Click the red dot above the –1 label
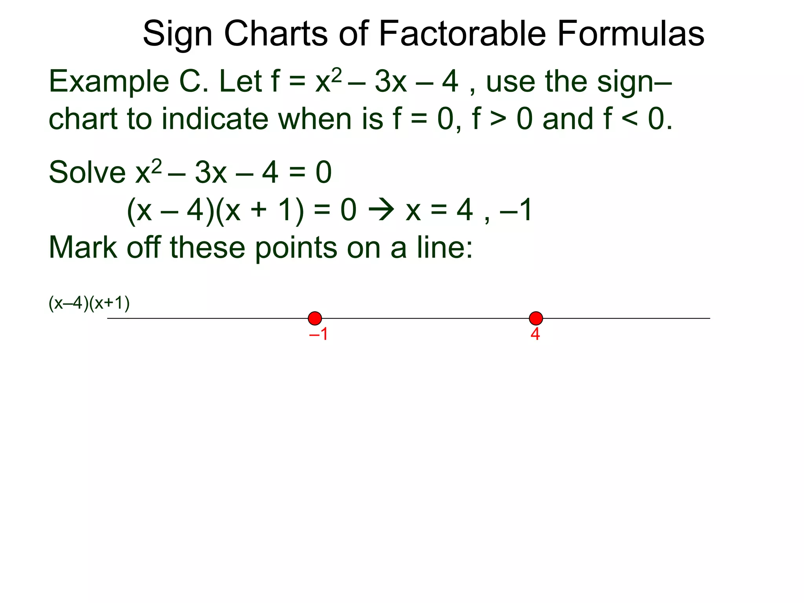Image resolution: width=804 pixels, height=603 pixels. click(315, 318)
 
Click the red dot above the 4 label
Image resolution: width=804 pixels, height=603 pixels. click(536, 318)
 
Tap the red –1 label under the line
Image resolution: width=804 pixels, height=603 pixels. click(318, 334)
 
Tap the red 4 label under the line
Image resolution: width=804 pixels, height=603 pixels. click(535, 334)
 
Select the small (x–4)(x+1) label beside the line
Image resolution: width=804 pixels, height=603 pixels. click(89, 303)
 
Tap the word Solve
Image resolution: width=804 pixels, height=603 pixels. click(87, 173)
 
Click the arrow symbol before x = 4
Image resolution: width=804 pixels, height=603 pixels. click(381, 210)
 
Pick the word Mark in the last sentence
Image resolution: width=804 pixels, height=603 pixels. click(83, 248)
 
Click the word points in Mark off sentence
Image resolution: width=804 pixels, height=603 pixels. click(296, 249)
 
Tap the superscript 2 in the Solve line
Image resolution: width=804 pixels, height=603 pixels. click(157, 166)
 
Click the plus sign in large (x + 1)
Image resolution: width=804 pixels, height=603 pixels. click(258, 210)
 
